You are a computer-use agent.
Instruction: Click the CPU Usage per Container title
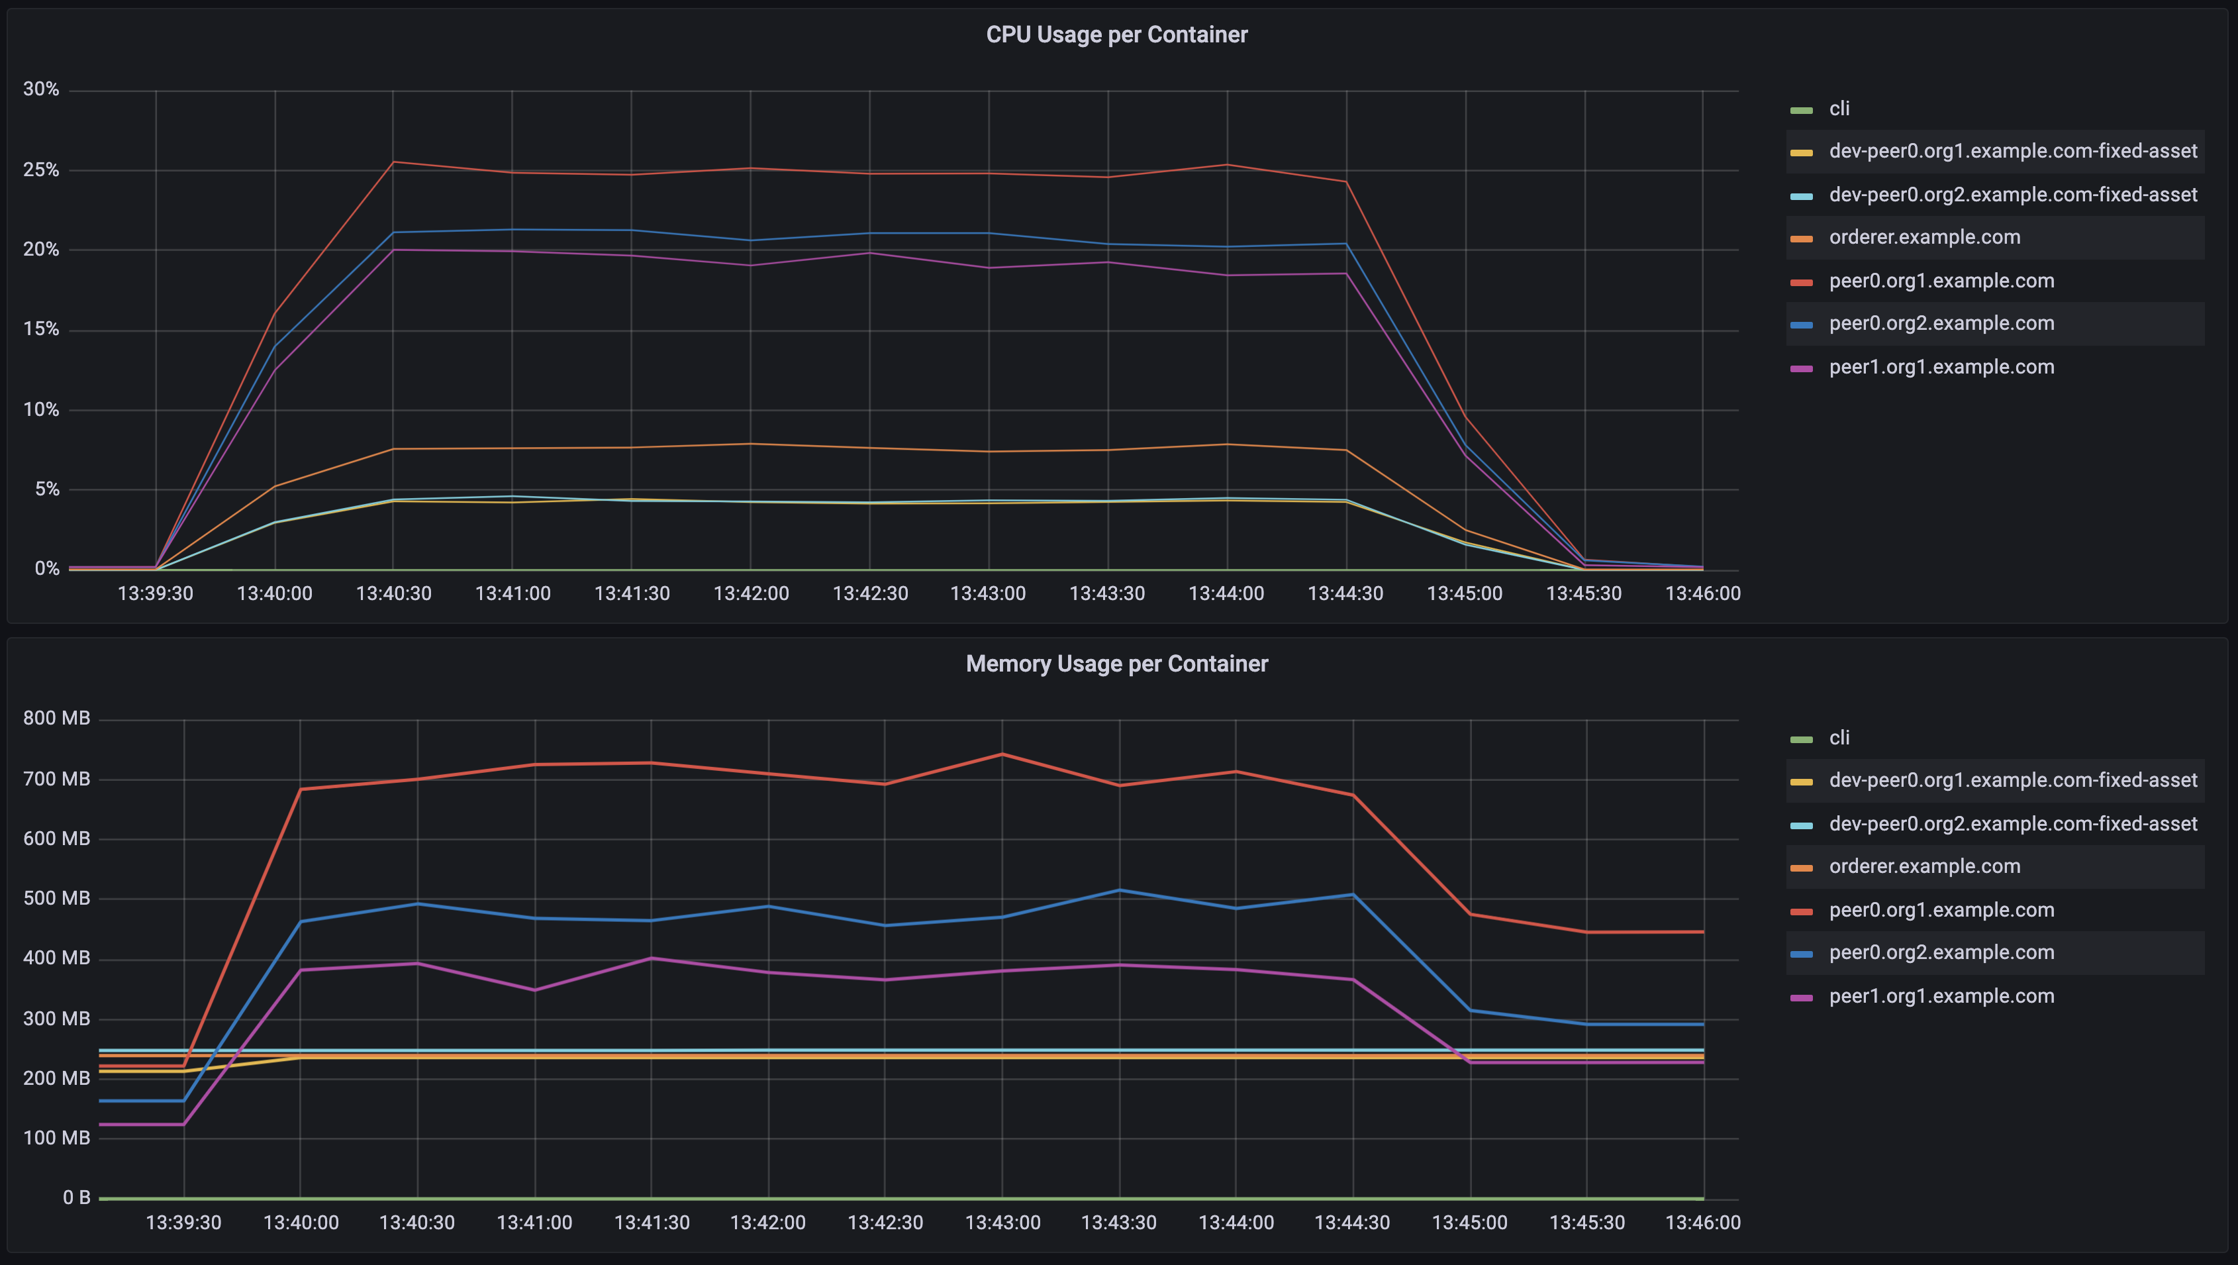(x=1116, y=34)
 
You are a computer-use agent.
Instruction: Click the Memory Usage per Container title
(x=1116, y=664)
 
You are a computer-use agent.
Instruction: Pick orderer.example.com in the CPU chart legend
(x=1923, y=237)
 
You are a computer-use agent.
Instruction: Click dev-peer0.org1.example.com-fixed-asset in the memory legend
(x=2012, y=780)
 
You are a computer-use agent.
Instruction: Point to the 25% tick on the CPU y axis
(x=41, y=170)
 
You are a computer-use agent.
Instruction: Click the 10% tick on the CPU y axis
(x=41, y=409)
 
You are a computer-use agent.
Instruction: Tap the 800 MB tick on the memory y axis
(x=56, y=719)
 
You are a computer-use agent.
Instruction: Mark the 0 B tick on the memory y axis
(x=75, y=1197)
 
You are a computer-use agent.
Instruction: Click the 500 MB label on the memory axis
(x=56, y=898)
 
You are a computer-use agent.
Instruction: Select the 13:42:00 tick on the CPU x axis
(x=751, y=593)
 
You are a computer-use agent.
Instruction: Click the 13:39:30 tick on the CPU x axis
(x=156, y=593)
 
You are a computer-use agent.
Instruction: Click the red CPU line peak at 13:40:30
(x=393, y=162)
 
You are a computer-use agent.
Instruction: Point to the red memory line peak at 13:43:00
(x=1002, y=754)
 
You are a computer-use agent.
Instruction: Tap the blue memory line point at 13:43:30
(x=1119, y=891)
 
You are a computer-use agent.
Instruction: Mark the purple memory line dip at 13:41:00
(x=534, y=989)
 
